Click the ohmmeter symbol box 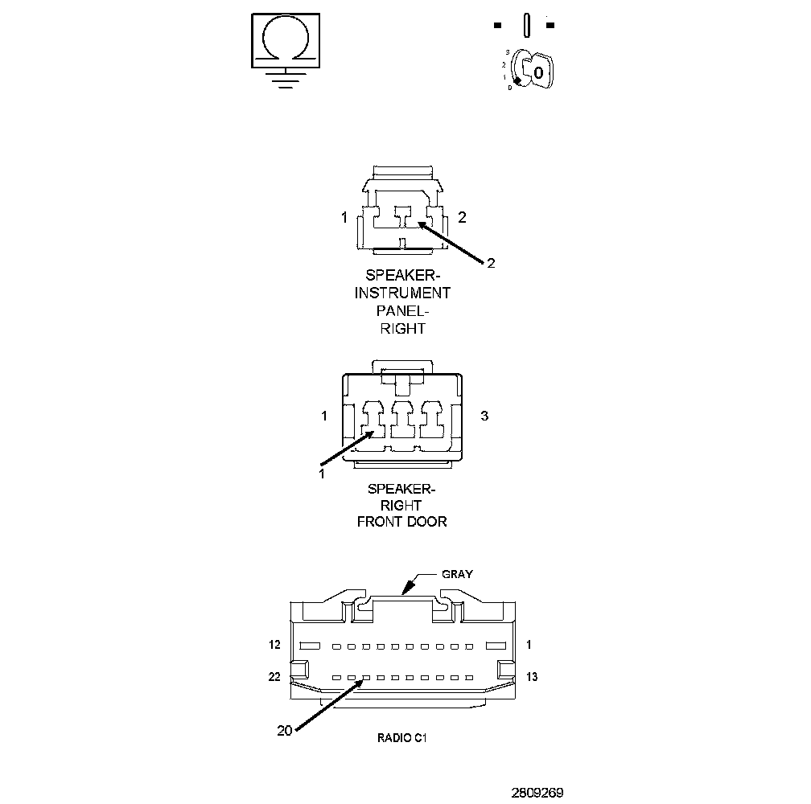coord(286,39)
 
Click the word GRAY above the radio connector coord(457,574)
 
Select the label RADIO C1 coord(402,736)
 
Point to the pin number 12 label coord(274,645)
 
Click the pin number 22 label coord(274,677)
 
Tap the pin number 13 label coord(531,677)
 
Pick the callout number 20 coord(284,731)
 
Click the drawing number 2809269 coord(537,792)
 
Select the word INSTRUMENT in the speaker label coord(402,293)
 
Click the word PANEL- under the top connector coord(402,310)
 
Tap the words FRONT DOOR coord(402,522)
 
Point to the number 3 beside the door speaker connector coord(484,416)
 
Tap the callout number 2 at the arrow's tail coord(491,262)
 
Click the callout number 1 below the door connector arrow coord(321,474)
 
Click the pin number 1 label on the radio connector coord(529,645)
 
